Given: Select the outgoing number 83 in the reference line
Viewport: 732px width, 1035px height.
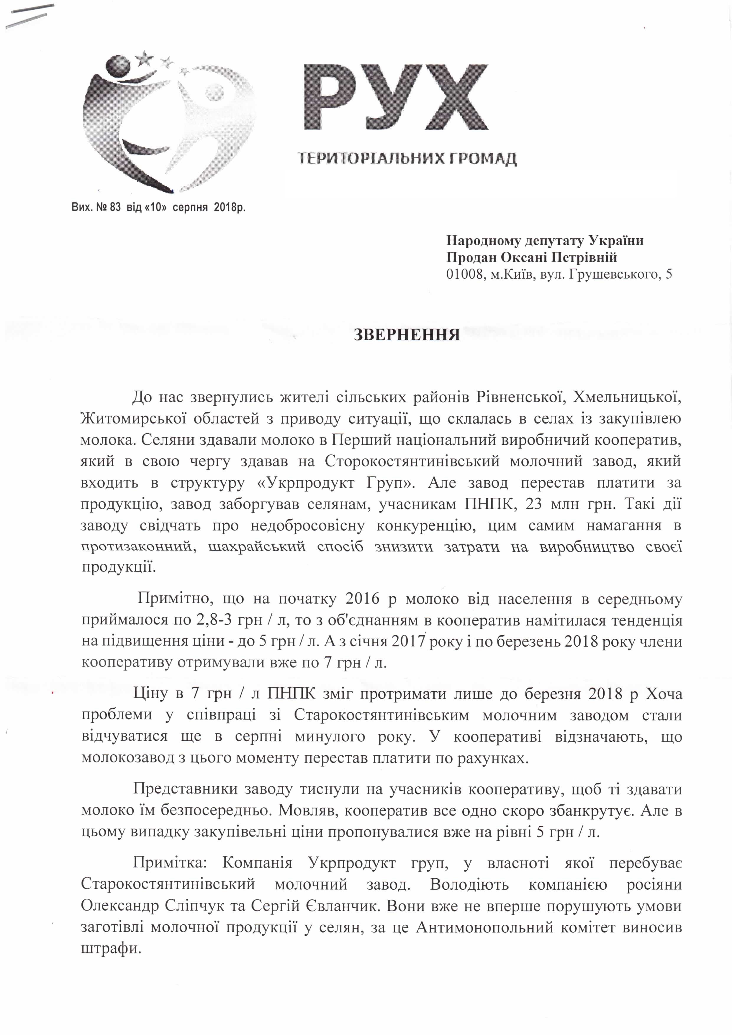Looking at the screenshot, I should [115, 208].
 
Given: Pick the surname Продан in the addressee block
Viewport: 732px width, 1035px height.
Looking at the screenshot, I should [471, 257].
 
